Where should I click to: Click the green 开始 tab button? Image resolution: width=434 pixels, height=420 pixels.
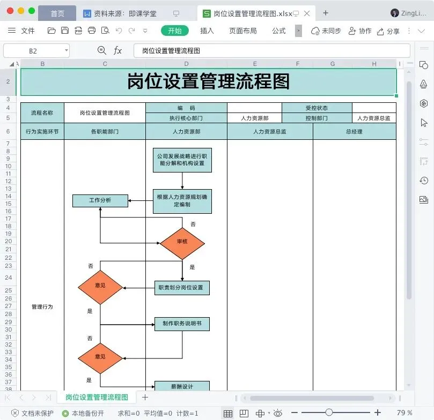click(x=175, y=31)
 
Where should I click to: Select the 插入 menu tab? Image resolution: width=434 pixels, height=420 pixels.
click(x=207, y=31)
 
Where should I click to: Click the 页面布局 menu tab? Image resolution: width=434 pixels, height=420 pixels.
click(x=242, y=31)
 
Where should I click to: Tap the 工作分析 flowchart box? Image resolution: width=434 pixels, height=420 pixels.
click(x=100, y=200)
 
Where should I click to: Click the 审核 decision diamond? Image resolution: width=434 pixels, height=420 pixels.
click(x=182, y=243)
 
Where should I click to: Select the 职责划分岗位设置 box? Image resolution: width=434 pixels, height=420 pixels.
click(x=182, y=288)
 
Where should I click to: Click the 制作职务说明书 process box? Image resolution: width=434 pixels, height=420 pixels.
click(x=182, y=324)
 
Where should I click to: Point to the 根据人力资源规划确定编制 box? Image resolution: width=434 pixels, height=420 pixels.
click(x=182, y=201)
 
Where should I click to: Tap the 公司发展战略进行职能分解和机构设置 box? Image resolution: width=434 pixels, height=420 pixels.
click(x=182, y=160)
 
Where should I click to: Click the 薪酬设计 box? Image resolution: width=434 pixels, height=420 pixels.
click(x=182, y=386)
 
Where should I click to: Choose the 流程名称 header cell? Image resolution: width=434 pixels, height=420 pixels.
click(x=42, y=112)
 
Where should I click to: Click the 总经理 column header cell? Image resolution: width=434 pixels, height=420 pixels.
click(x=354, y=132)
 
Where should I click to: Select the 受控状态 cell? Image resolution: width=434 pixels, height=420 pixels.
click(x=317, y=108)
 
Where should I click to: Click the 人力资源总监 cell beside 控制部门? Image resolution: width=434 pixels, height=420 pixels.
click(x=374, y=118)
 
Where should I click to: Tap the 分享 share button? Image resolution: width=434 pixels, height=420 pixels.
click(x=388, y=31)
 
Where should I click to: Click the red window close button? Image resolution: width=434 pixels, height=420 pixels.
click(x=10, y=11)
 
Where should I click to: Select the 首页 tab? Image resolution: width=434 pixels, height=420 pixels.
click(x=57, y=13)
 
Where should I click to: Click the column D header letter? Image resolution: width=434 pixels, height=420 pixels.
click(x=186, y=64)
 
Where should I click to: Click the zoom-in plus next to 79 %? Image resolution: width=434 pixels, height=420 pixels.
click(x=378, y=412)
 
